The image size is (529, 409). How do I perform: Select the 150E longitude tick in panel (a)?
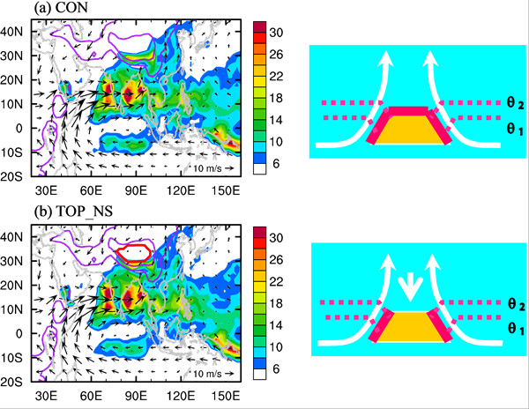coord(230,190)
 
